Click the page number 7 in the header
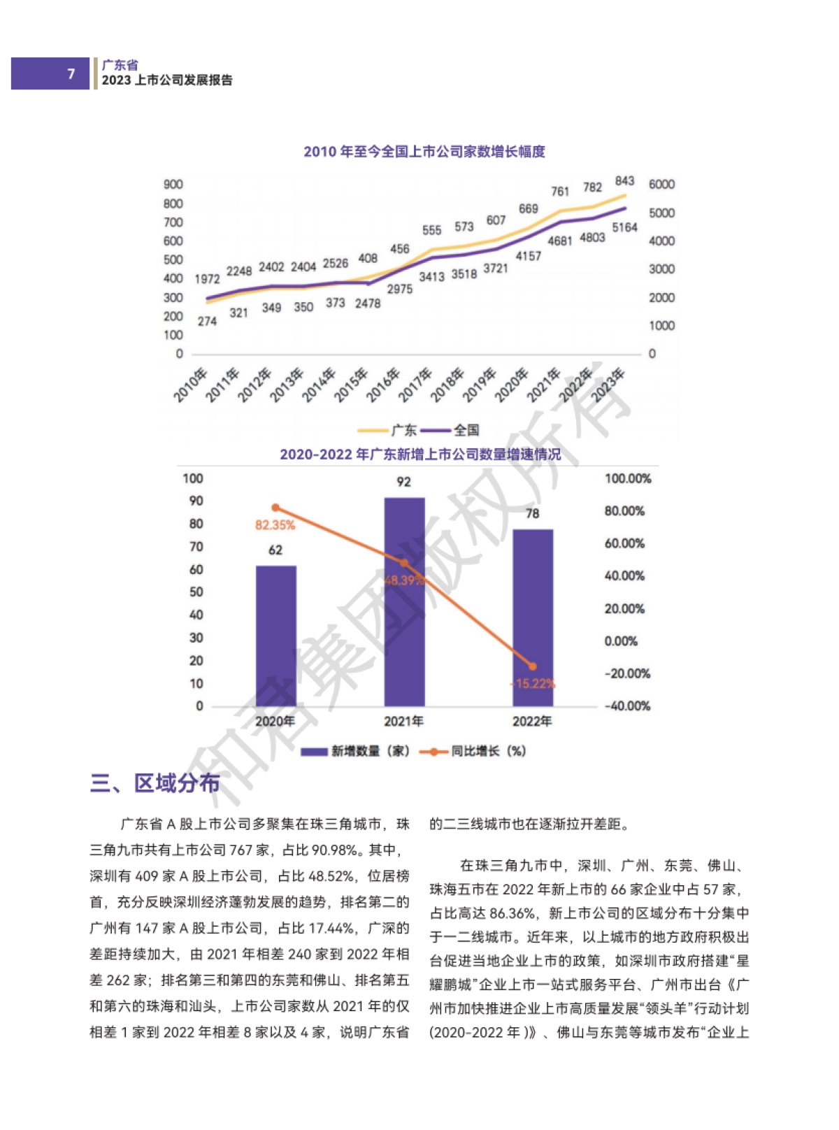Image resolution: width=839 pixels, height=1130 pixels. pyautogui.click(x=71, y=73)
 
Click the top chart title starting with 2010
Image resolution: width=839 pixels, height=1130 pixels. pyautogui.click(x=424, y=152)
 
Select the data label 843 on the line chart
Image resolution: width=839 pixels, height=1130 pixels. pyautogui.click(x=624, y=181)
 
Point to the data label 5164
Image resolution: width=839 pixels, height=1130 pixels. pyautogui.click(x=624, y=227)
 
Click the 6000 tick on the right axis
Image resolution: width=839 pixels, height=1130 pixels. pyautogui.click(x=661, y=185)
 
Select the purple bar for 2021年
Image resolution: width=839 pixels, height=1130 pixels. pyautogui.click(x=404, y=601)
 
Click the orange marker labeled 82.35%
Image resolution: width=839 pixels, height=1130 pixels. pyautogui.click(x=275, y=508)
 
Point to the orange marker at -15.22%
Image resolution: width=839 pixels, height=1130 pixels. pyautogui.click(x=533, y=666)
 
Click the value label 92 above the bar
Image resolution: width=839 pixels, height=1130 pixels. pyautogui.click(x=404, y=482)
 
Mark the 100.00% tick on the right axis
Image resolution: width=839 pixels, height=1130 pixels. pyautogui.click(x=628, y=479)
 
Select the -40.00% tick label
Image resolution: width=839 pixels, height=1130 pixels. pyautogui.click(x=627, y=706)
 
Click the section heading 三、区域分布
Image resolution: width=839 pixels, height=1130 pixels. pyautogui.click(x=155, y=783)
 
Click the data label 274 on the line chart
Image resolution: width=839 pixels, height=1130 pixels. pyautogui.click(x=207, y=321)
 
